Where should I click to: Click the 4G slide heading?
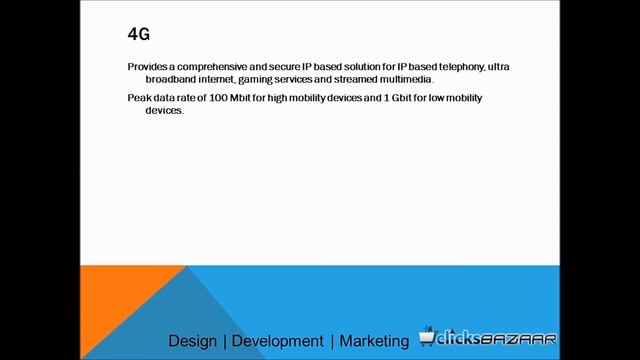tap(139, 34)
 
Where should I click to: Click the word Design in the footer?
tap(192, 341)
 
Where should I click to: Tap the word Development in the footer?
tap(278, 341)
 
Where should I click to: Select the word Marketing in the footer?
tap(374, 341)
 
